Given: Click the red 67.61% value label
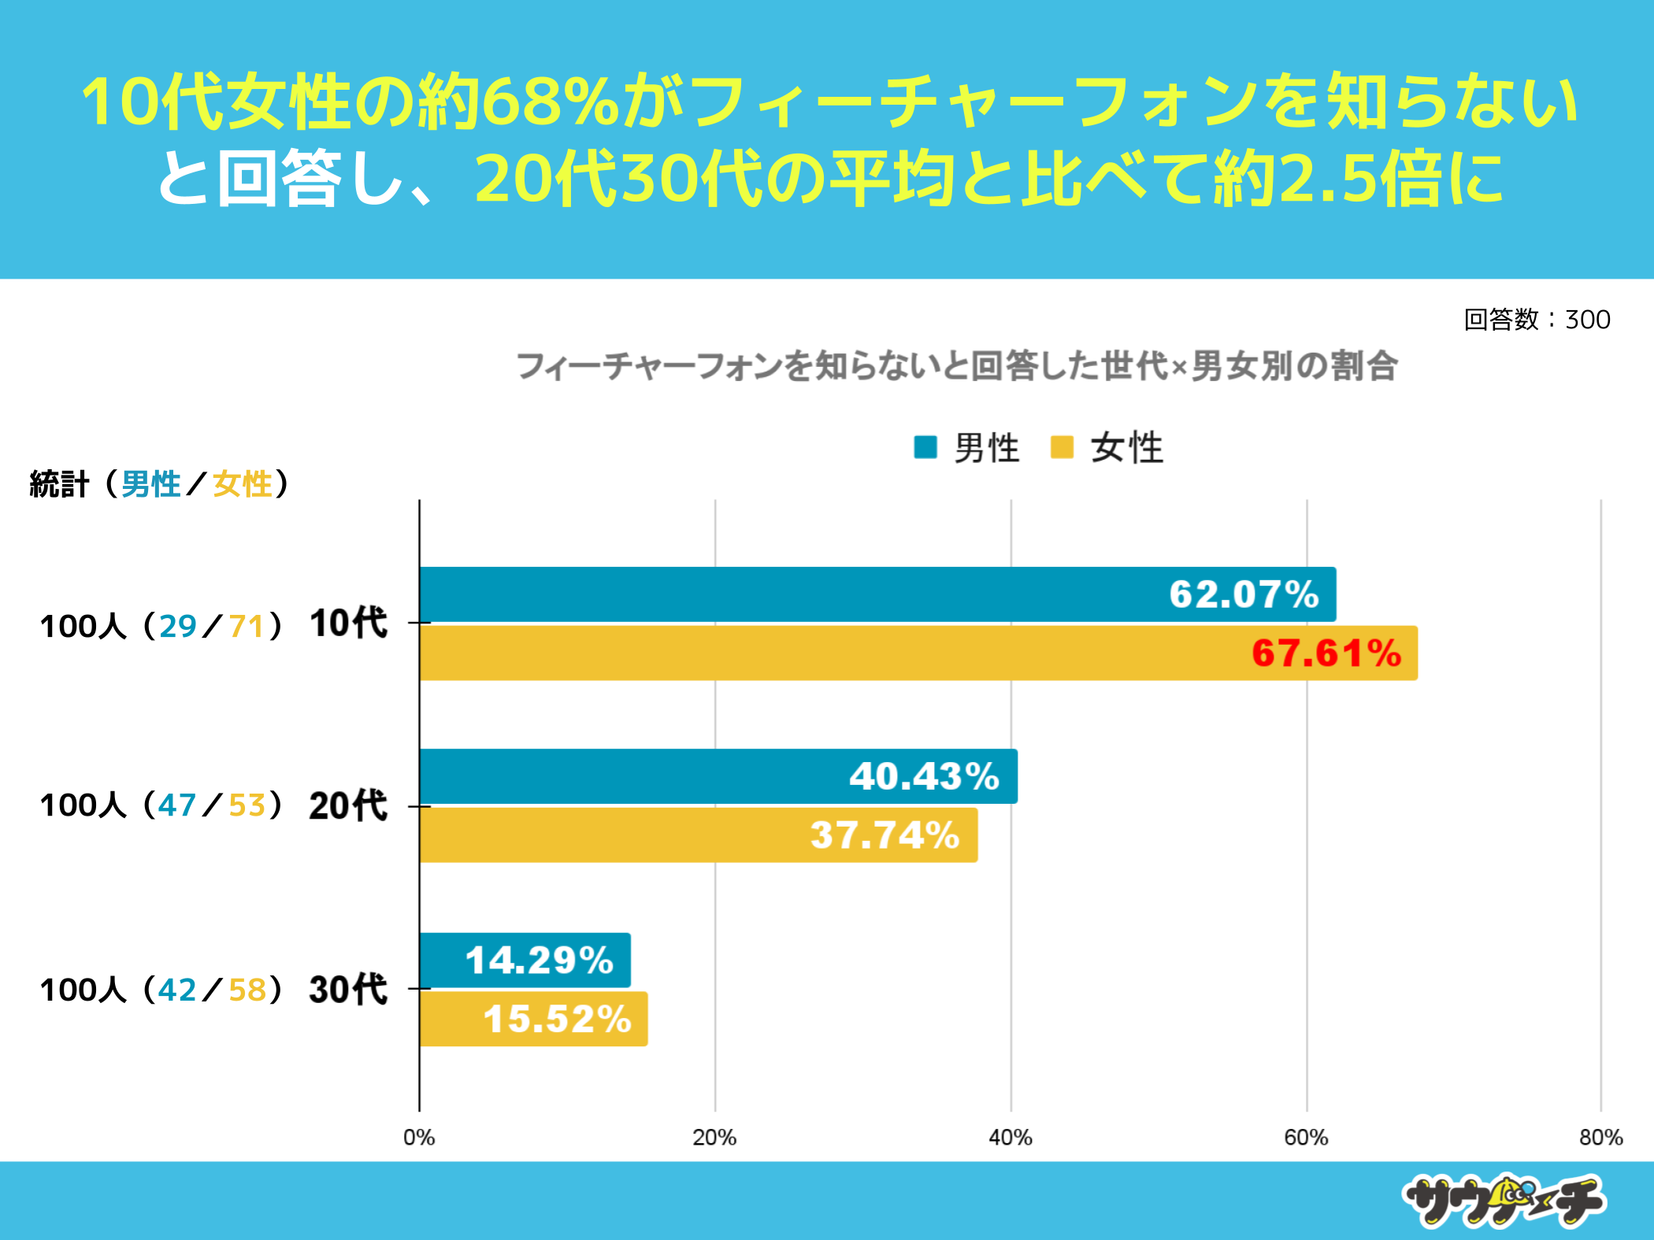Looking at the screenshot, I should tap(1326, 653).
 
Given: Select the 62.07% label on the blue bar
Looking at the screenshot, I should tap(1244, 594).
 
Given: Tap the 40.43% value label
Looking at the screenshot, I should tap(924, 776).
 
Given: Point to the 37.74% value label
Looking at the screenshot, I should tap(884, 835).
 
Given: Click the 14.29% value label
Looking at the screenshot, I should tap(539, 961).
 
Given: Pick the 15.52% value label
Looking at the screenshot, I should tap(557, 1020).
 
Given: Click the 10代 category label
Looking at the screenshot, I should tap(348, 624).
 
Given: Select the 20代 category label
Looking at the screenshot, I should tap(348, 806).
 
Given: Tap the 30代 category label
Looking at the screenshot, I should tap(348, 990).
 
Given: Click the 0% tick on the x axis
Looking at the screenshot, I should tap(419, 1138).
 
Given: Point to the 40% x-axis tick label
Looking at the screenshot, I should tap(1011, 1138).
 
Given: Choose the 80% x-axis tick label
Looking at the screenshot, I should tap(1600, 1138).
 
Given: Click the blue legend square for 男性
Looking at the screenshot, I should tap(925, 447).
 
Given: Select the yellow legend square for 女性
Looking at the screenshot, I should tap(1062, 447).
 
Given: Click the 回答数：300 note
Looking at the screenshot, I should tap(1537, 320).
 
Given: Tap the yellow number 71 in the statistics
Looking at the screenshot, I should tap(246, 627).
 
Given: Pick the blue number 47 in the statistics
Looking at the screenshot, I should tap(177, 805).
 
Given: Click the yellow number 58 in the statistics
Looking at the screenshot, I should tap(247, 990).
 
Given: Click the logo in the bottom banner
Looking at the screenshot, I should tap(1504, 1201).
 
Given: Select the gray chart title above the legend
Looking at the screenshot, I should tap(956, 367).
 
